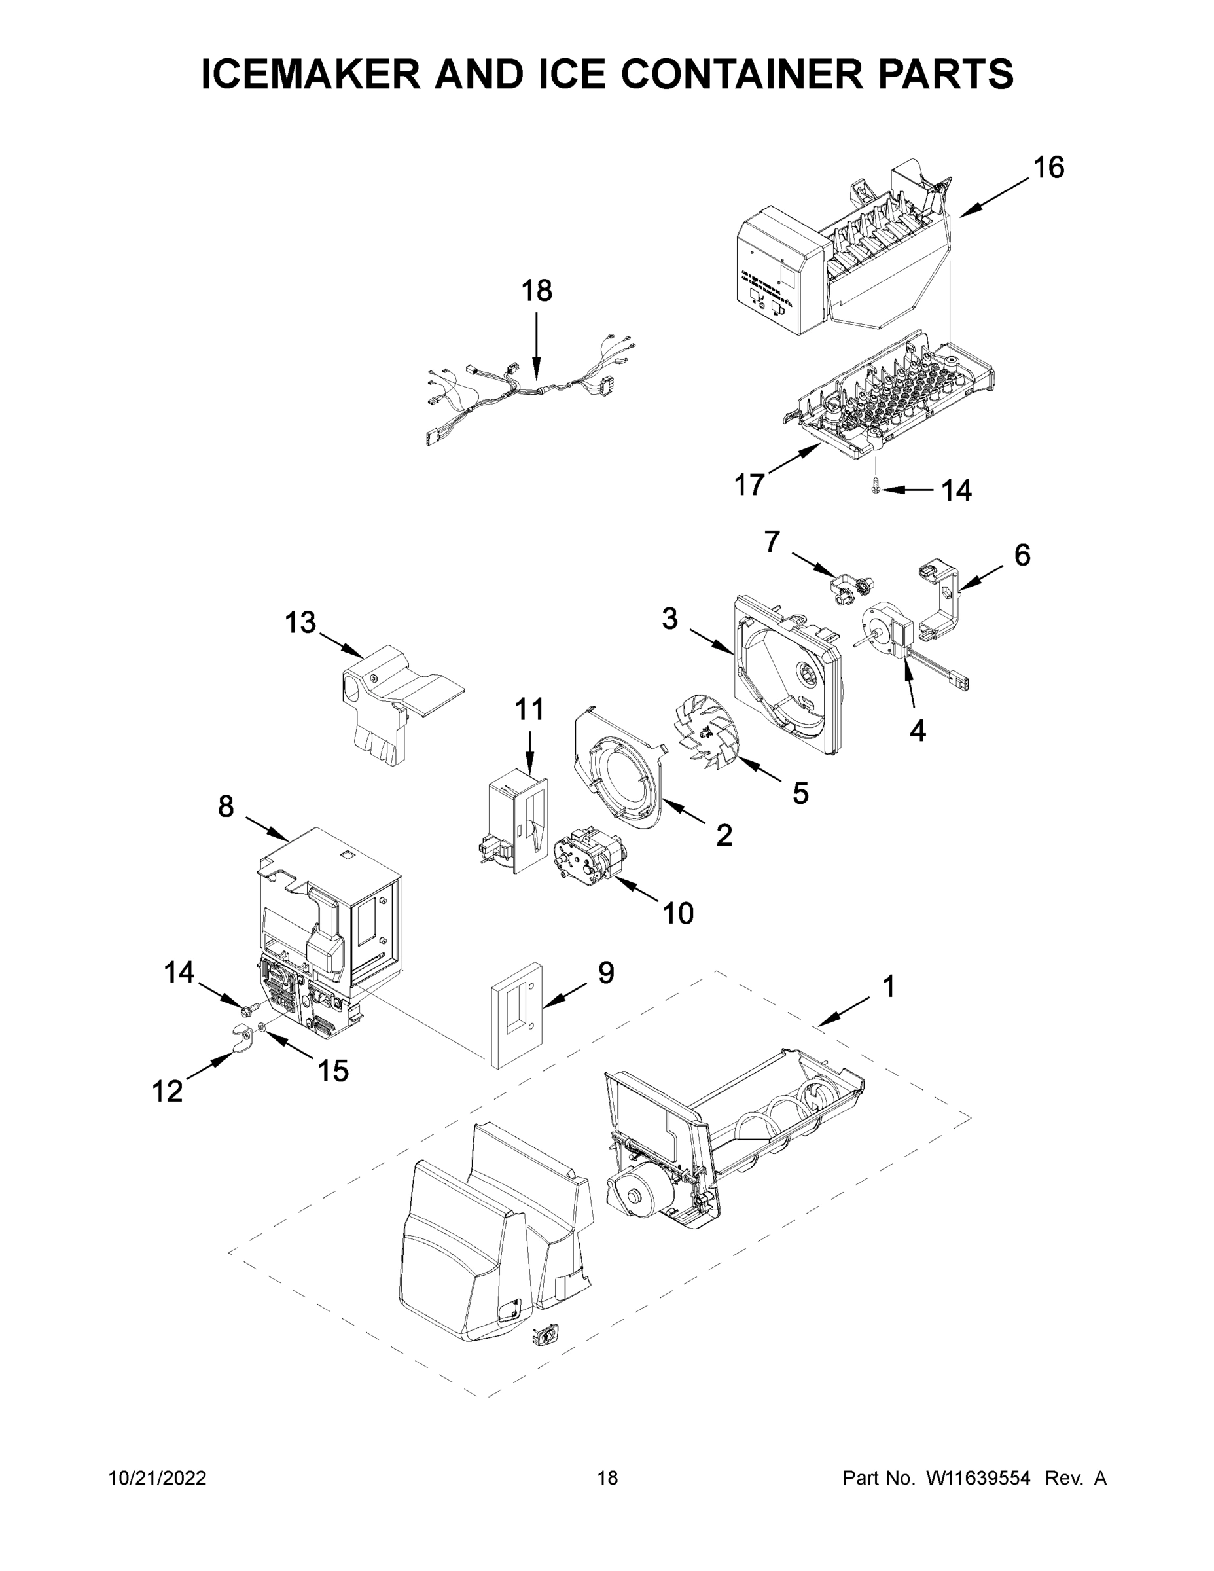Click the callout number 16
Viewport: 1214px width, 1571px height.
coord(1048,168)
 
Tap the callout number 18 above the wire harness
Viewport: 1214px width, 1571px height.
coord(537,291)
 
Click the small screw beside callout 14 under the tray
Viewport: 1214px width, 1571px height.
coord(875,488)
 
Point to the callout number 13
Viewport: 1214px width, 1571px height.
coord(300,623)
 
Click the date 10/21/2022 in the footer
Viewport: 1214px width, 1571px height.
coord(158,1478)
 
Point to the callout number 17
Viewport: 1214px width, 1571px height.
coord(749,484)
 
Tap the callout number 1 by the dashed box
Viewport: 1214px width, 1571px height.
coord(889,986)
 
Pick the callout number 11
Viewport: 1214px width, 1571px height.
coord(529,710)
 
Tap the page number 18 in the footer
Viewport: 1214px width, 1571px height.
coord(608,1478)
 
